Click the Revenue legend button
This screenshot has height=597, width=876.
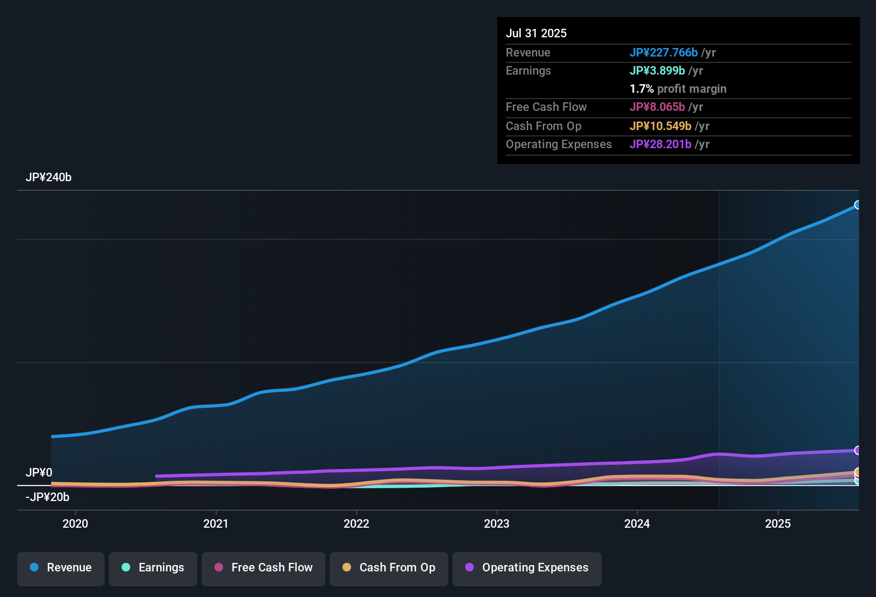(61, 568)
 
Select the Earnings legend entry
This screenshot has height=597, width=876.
(153, 568)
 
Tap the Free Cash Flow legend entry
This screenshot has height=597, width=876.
(264, 568)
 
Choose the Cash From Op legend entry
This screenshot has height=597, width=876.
(389, 568)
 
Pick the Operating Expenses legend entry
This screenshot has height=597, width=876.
(527, 568)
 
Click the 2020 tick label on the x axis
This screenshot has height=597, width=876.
(75, 524)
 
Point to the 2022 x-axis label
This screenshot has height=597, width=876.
(356, 524)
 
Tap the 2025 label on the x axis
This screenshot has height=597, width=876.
(778, 524)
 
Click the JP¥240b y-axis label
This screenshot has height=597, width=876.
(49, 178)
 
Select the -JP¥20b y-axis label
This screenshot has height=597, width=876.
(47, 497)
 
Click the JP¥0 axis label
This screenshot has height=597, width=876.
(39, 473)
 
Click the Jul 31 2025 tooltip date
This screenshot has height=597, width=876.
(536, 34)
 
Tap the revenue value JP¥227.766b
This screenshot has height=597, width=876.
(663, 53)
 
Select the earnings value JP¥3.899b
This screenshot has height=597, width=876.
(657, 71)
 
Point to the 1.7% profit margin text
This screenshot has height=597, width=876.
(678, 89)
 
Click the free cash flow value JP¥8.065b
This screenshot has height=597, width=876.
(657, 107)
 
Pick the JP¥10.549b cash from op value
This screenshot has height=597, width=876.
(660, 126)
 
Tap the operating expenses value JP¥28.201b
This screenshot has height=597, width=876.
(660, 144)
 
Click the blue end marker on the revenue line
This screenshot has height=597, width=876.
(857, 205)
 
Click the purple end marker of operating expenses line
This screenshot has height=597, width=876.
(857, 450)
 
